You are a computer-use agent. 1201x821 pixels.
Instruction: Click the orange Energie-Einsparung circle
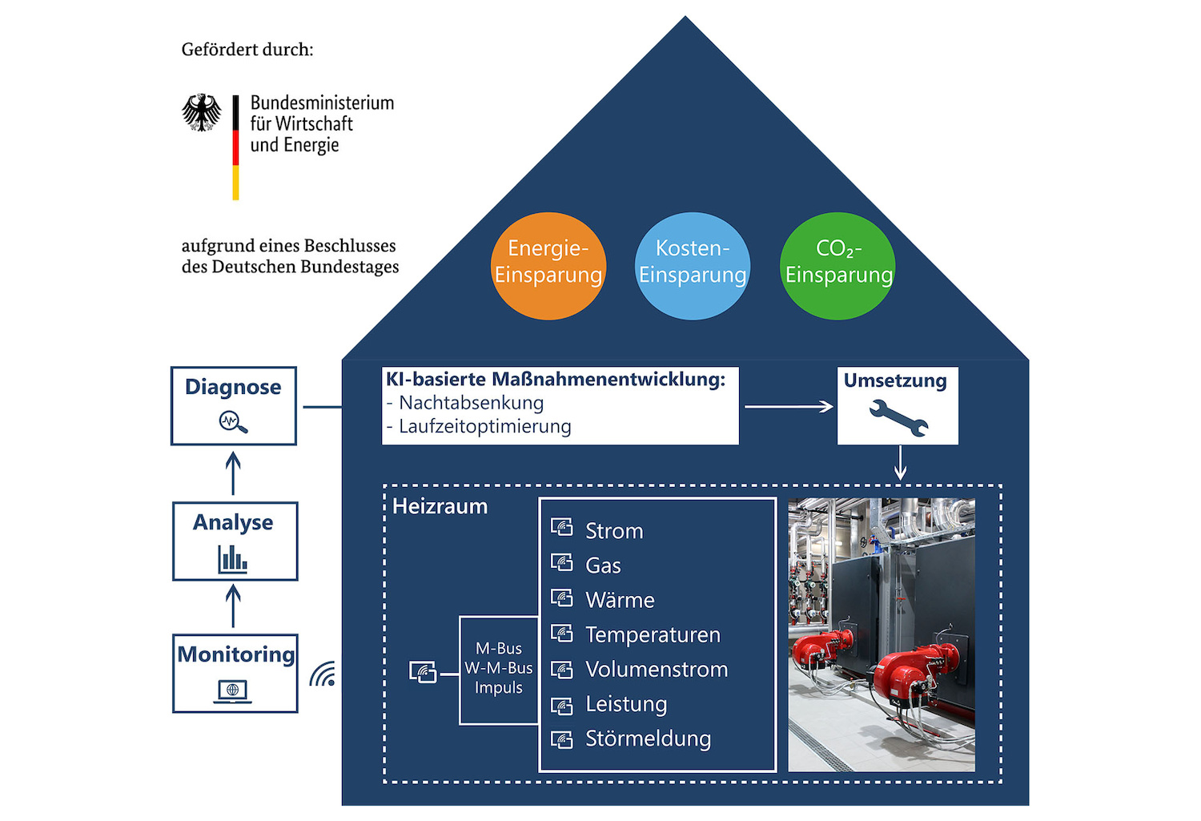pos(548,266)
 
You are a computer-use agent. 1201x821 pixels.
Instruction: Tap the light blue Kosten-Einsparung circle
pos(693,266)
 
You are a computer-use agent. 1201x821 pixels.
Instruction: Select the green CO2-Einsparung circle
pos(837,266)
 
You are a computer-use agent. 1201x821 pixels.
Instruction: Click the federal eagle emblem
pos(202,112)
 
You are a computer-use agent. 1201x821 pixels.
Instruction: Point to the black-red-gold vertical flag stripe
pos(236,147)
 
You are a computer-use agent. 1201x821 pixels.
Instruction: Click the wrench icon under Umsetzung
pos(898,417)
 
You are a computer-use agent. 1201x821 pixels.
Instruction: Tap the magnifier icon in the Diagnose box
pos(233,421)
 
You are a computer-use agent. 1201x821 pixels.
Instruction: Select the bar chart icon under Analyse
pos(233,558)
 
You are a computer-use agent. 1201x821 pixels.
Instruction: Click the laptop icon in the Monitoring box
pos(233,690)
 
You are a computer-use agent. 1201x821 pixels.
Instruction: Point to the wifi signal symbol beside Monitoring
pos(323,674)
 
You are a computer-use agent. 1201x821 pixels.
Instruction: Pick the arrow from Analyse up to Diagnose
pos(233,473)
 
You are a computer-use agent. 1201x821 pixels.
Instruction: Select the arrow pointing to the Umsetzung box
pos(789,407)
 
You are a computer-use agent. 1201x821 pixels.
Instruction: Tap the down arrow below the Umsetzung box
pos(901,463)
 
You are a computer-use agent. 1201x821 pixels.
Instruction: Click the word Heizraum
pos(440,507)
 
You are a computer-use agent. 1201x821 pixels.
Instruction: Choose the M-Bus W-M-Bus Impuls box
pos(499,669)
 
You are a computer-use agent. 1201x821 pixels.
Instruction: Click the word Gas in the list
pos(603,565)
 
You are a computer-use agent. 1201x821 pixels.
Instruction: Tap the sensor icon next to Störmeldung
pos(562,739)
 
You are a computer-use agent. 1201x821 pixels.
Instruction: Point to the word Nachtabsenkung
pos(472,403)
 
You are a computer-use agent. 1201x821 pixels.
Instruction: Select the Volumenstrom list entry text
pos(657,670)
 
